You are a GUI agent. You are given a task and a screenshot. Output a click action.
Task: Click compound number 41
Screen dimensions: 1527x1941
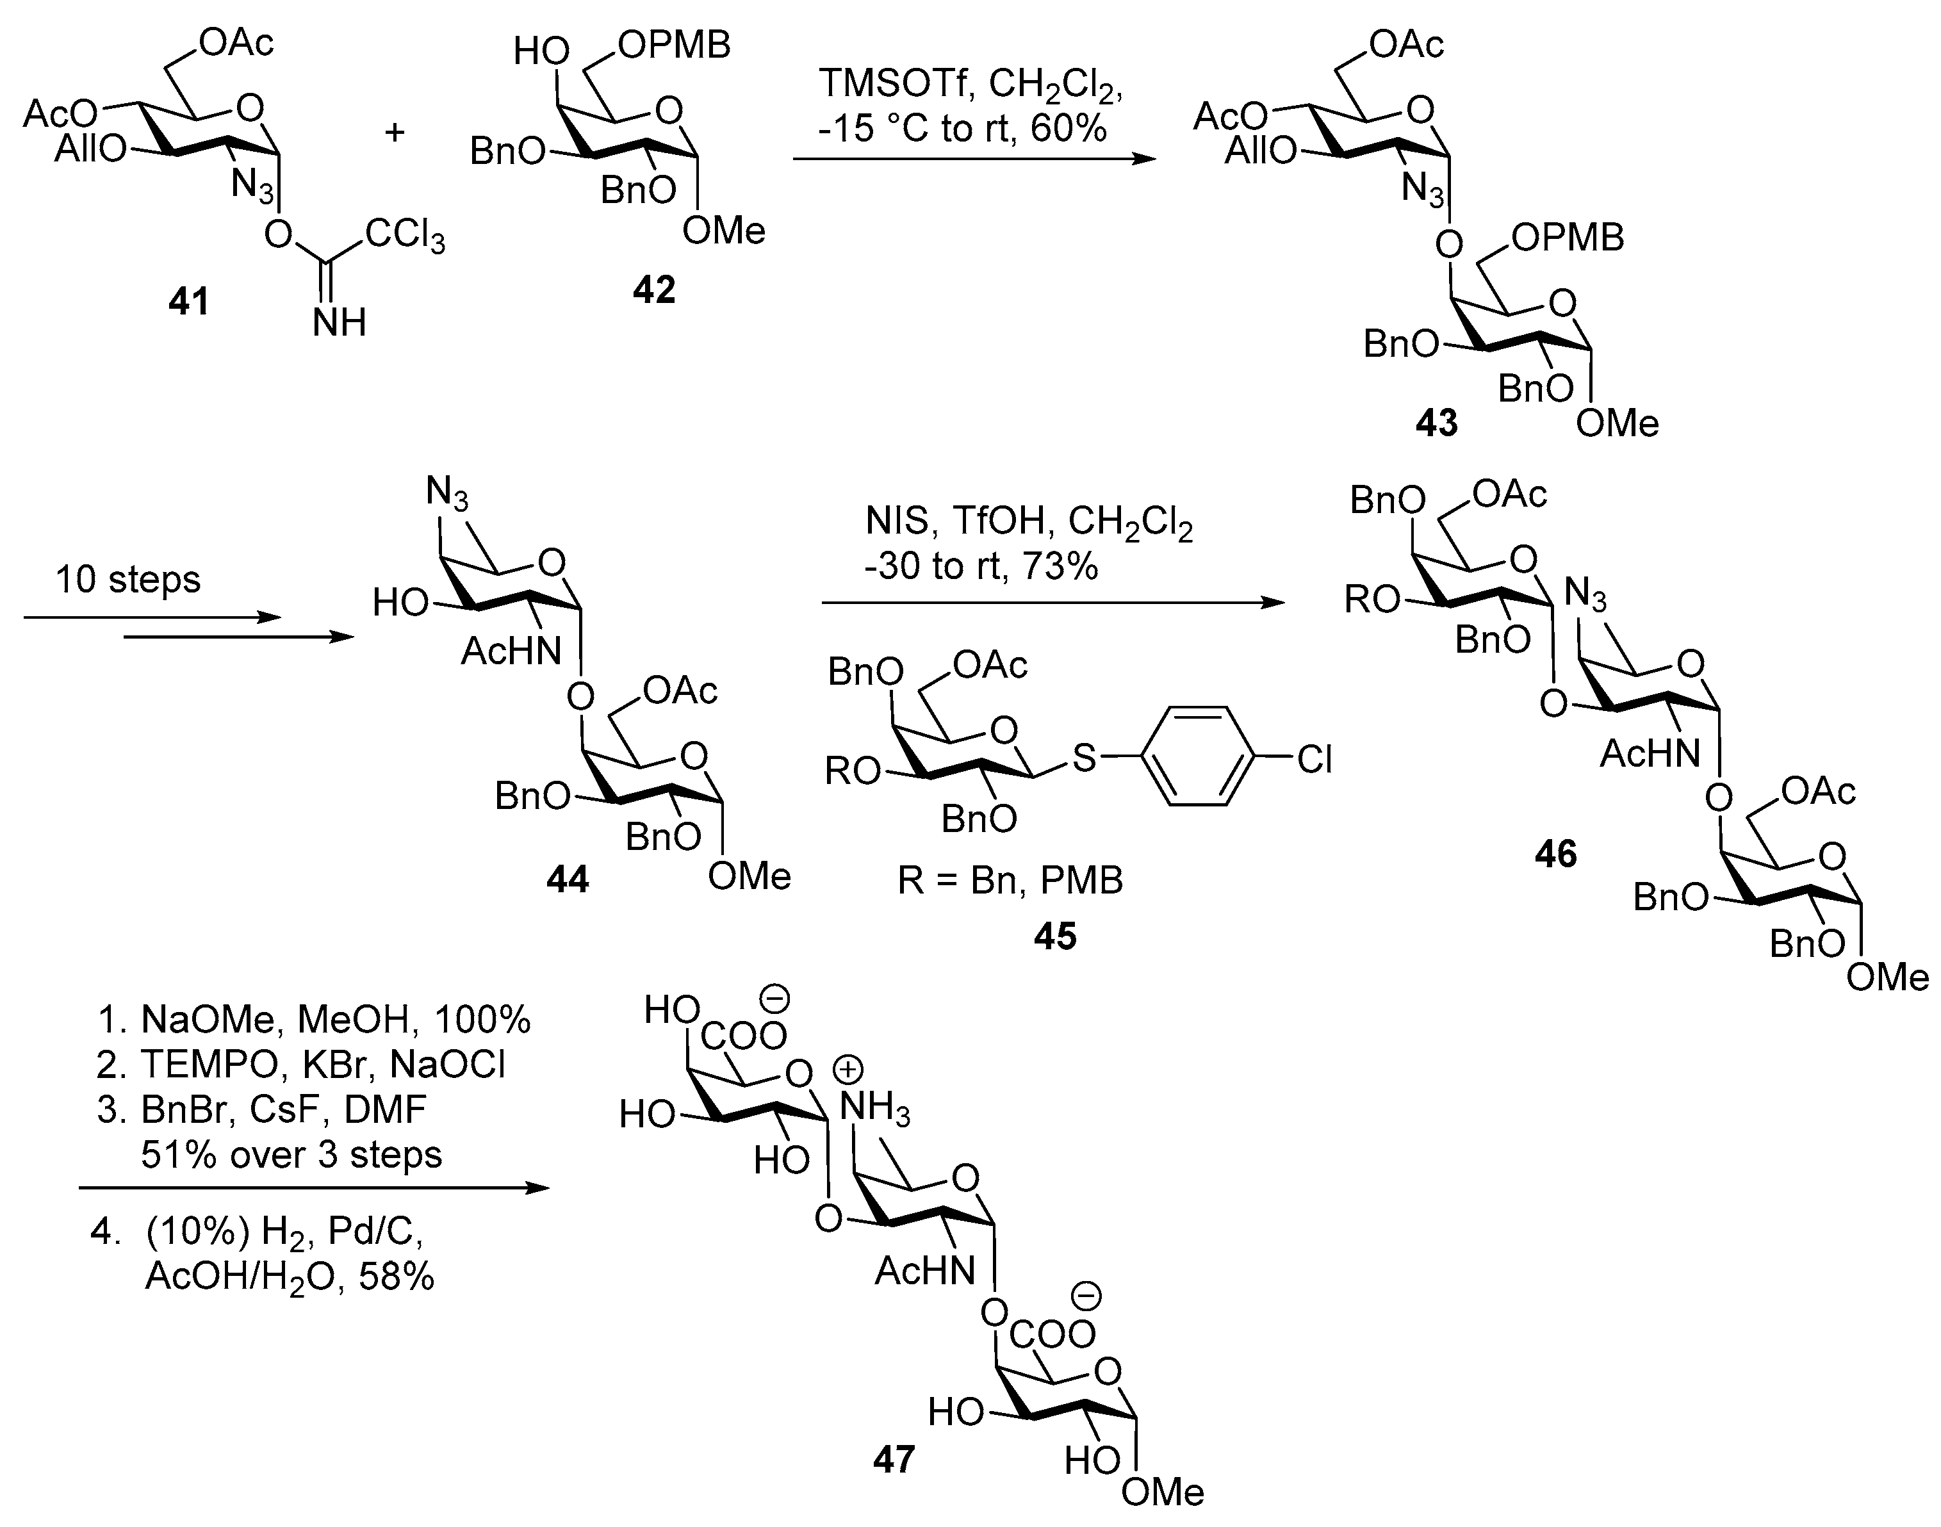tap(188, 301)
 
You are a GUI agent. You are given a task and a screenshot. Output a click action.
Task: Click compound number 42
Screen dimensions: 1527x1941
tap(653, 290)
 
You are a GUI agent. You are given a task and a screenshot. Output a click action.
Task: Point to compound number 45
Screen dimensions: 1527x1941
tap(1055, 936)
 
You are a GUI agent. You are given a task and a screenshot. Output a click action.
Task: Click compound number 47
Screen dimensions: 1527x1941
tap(894, 1460)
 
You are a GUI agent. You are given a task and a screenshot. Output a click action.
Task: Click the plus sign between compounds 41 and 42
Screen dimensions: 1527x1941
tap(394, 133)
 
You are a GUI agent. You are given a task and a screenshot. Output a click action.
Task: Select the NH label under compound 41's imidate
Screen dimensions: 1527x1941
tap(340, 322)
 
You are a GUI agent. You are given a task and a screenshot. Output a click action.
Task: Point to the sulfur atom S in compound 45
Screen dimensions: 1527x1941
tap(1084, 759)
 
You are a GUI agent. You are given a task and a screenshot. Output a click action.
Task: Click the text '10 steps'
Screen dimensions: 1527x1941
tap(128, 579)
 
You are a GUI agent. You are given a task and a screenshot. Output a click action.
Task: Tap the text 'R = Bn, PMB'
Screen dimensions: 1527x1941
tap(1010, 881)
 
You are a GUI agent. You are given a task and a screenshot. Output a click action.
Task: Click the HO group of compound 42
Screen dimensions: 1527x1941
tap(542, 52)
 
